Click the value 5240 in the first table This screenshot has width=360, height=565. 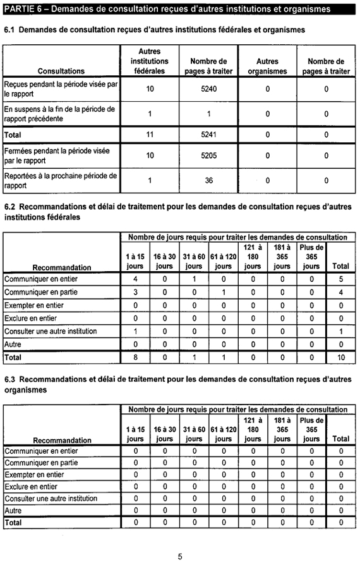pos(208,89)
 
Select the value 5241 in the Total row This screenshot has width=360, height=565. pos(208,135)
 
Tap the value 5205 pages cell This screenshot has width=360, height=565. pos(208,155)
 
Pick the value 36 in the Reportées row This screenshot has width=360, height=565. pos(208,180)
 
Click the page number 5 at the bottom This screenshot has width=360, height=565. pos(180,557)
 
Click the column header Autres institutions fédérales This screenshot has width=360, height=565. pos(149,61)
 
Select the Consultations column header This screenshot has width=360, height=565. pos(61,71)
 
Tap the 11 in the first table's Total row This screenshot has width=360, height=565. pos(150,135)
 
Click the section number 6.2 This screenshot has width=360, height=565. pos(10,207)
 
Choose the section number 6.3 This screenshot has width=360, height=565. pos(10,379)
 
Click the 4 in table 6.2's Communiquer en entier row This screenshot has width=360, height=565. pos(135,279)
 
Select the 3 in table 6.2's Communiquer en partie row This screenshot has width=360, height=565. pos(135,292)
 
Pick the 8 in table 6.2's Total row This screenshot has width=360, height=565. pos(135,358)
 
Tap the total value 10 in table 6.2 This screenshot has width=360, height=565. pos(340,358)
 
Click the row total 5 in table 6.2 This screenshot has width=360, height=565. pos(340,279)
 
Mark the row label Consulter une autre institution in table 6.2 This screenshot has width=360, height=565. pos(51,332)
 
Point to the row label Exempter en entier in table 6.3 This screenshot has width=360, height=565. pos(34,475)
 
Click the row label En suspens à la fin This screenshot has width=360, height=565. pos(59,114)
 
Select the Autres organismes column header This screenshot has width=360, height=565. pos(267,66)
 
